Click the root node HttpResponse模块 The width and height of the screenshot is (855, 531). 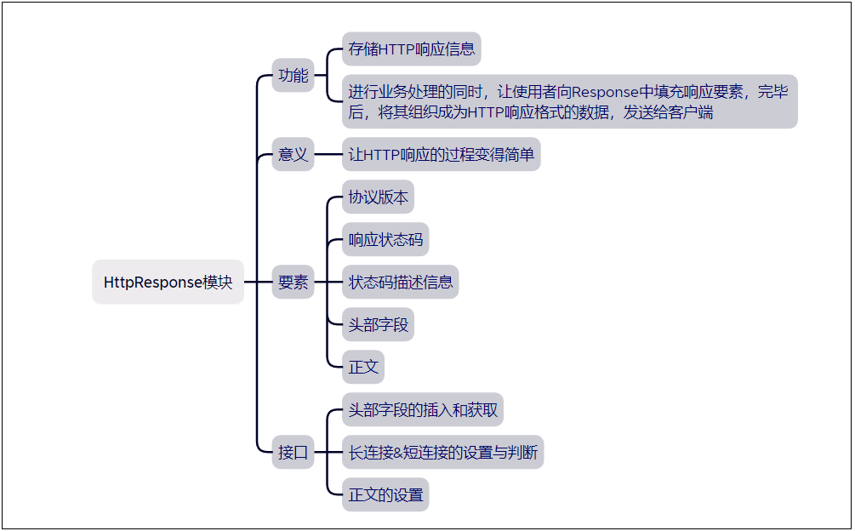(168, 283)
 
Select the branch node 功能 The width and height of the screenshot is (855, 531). (294, 76)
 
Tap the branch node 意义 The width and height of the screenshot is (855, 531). (294, 156)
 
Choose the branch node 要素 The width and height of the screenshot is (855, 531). (294, 283)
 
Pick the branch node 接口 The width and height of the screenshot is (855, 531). (294, 452)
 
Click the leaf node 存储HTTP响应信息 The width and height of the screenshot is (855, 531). (412, 49)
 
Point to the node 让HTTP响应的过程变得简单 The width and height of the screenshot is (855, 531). (441, 156)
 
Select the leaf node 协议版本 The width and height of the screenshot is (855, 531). (379, 197)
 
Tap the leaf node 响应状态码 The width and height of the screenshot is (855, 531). (385, 240)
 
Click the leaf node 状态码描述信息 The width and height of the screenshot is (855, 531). (401, 283)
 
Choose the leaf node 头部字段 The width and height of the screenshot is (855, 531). (379, 325)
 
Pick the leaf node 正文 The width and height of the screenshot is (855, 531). (363, 367)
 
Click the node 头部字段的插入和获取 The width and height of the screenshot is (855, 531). (423, 410)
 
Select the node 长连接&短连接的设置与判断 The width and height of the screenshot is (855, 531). (442, 452)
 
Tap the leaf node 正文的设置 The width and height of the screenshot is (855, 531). (385, 494)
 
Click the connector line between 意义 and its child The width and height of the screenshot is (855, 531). (328, 156)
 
